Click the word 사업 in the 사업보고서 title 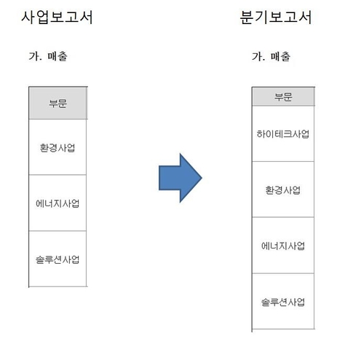click(x=35, y=17)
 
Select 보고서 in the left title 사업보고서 click(x=71, y=17)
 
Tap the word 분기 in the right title click(x=254, y=17)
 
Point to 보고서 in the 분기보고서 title click(x=290, y=17)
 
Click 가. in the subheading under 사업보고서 click(x=36, y=56)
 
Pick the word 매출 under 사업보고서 click(x=58, y=56)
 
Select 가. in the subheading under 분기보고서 click(x=258, y=57)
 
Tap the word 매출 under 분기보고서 click(x=280, y=57)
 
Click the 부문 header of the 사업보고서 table click(x=58, y=103)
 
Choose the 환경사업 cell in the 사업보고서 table click(x=58, y=148)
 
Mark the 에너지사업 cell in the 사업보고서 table click(x=58, y=203)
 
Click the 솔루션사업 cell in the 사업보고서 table click(x=58, y=259)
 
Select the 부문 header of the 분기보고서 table click(x=283, y=97)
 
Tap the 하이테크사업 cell click(x=283, y=134)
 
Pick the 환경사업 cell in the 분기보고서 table click(x=283, y=190)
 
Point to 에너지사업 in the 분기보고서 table click(x=283, y=246)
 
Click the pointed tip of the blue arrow click(x=202, y=178)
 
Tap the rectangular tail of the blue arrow click(x=170, y=178)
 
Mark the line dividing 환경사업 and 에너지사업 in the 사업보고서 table click(x=58, y=175)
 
